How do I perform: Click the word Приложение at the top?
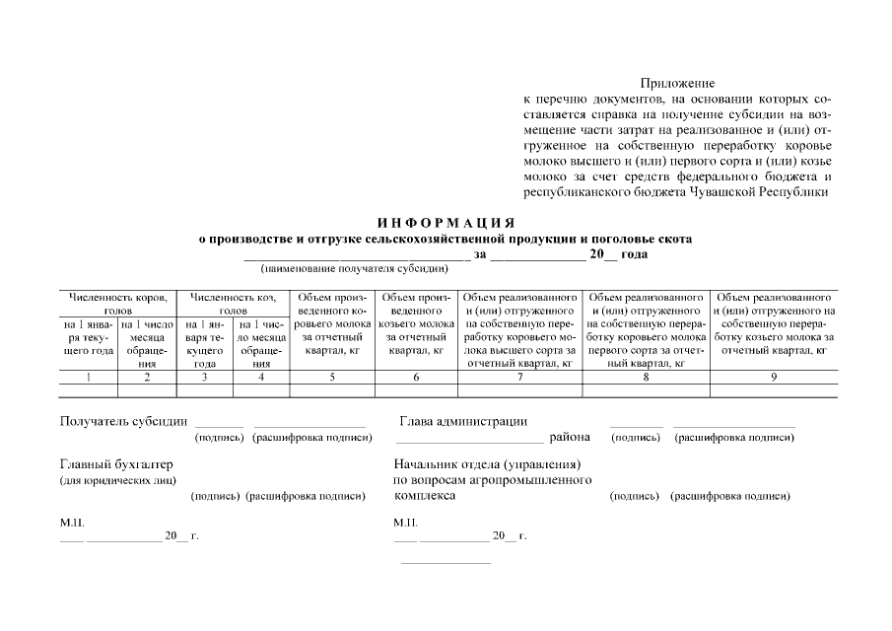pyautogui.click(x=677, y=84)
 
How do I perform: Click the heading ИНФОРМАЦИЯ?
pyautogui.click(x=446, y=223)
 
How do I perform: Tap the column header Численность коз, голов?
pyautogui.click(x=234, y=303)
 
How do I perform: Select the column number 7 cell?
pyautogui.click(x=520, y=377)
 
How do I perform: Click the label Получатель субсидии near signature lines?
pyautogui.click(x=124, y=422)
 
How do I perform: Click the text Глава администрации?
pyautogui.click(x=462, y=422)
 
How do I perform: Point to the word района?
pyautogui.click(x=570, y=437)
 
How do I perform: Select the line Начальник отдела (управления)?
pyautogui.click(x=487, y=464)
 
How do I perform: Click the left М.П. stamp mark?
pyautogui.click(x=72, y=522)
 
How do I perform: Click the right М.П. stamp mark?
pyautogui.click(x=405, y=522)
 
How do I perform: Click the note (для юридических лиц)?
pyautogui.click(x=117, y=480)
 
